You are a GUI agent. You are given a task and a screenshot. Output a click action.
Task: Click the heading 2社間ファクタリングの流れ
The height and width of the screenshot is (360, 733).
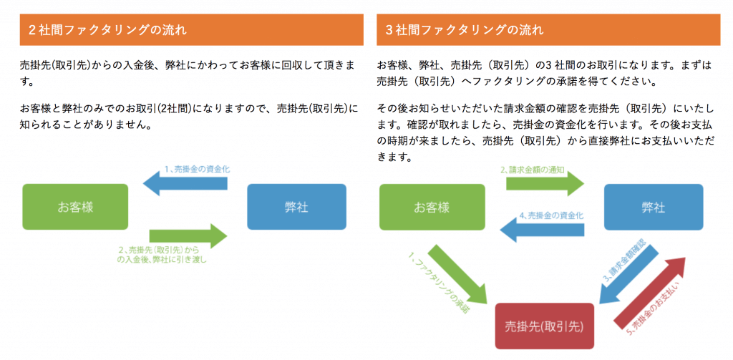pos(107,31)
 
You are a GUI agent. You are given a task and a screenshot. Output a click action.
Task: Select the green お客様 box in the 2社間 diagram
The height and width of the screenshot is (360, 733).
pos(75,207)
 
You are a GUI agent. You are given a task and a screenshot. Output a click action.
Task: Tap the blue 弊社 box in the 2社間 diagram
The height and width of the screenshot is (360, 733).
pos(296,207)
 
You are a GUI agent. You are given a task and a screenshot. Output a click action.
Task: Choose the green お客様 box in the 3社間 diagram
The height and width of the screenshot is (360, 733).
pos(432,207)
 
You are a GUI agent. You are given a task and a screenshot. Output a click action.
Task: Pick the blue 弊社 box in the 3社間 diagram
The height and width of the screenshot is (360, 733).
pos(654,207)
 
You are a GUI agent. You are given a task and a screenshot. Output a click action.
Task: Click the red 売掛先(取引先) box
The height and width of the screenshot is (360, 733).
pos(545,326)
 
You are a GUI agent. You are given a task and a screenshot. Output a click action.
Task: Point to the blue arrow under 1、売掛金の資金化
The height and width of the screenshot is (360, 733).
pos(185,183)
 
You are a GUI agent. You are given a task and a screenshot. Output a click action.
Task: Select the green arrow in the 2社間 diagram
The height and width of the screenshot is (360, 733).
pos(188,236)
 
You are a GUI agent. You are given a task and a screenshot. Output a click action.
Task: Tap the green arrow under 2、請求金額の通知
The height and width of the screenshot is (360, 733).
pos(545,183)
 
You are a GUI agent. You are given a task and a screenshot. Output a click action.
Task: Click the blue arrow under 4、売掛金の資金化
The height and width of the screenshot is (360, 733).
pos(542,230)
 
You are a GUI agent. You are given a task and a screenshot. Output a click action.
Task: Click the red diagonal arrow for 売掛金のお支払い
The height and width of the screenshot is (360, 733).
pos(649,293)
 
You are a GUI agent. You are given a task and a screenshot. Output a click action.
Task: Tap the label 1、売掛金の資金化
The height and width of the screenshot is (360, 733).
pos(198,169)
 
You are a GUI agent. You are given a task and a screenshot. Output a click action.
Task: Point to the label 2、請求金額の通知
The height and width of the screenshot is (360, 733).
pos(533,170)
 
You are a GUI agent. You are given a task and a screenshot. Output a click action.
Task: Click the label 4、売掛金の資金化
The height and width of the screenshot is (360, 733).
pos(552,216)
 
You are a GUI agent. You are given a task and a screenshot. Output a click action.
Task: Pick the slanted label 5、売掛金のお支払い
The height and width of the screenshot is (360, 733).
pos(653,309)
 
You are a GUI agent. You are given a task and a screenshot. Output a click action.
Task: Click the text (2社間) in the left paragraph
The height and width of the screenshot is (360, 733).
pos(175,109)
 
